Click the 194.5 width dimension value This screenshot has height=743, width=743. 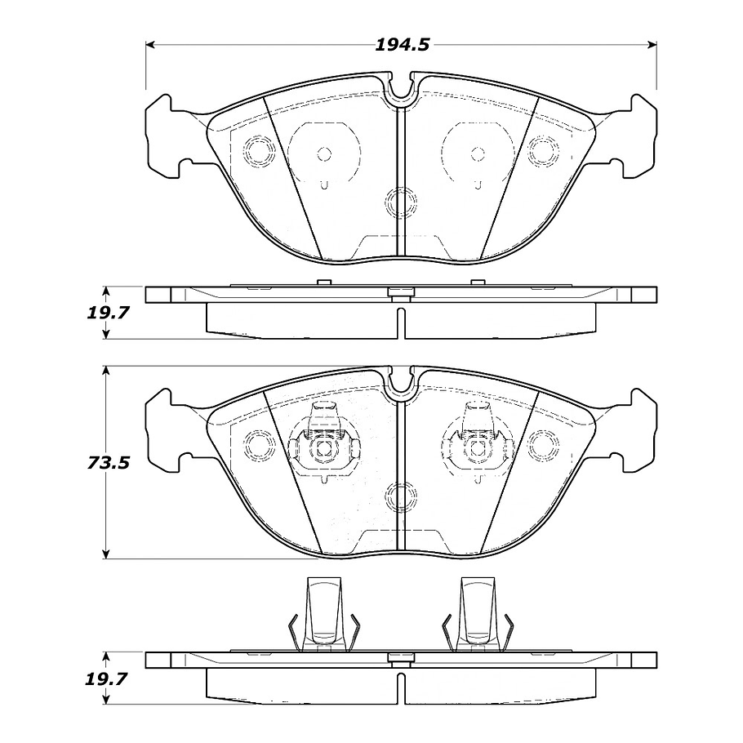click(x=402, y=45)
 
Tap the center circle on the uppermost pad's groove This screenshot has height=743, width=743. click(x=400, y=202)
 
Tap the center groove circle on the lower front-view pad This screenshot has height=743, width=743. click(x=400, y=496)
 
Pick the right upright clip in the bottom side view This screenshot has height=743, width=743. click(x=478, y=615)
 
